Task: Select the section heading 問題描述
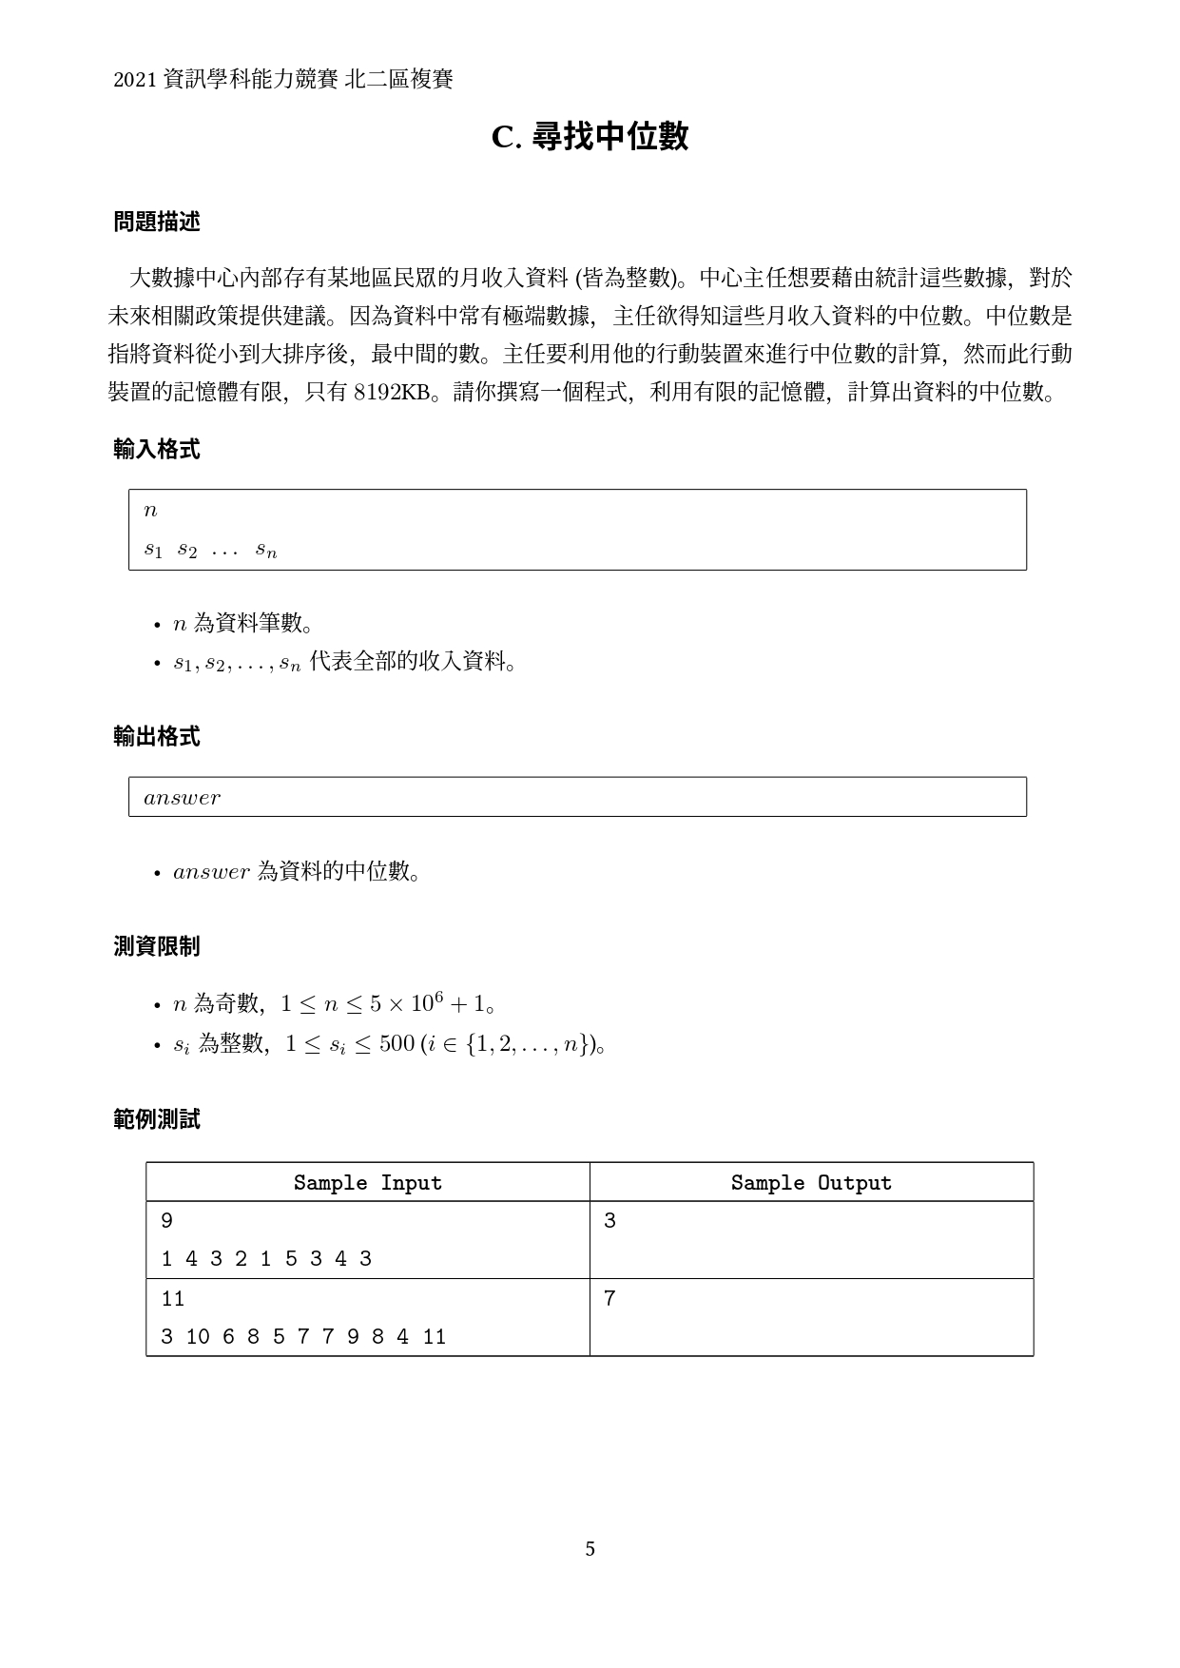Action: click(157, 222)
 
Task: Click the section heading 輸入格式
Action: click(157, 450)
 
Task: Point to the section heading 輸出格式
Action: click(157, 737)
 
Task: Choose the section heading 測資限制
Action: click(157, 946)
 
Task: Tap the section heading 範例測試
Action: click(157, 1119)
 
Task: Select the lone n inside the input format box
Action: click(150, 511)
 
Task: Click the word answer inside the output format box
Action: click(182, 798)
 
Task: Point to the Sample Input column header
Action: click(367, 1183)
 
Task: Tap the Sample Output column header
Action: click(811, 1183)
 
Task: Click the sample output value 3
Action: click(609, 1221)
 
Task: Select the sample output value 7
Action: click(609, 1298)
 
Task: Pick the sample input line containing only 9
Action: click(167, 1221)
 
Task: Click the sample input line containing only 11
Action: click(172, 1298)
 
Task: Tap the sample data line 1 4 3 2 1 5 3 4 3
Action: click(266, 1259)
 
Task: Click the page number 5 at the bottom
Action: click(590, 1549)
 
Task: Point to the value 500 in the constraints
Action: click(397, 1044)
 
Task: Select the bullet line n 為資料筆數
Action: click(242, 624)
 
